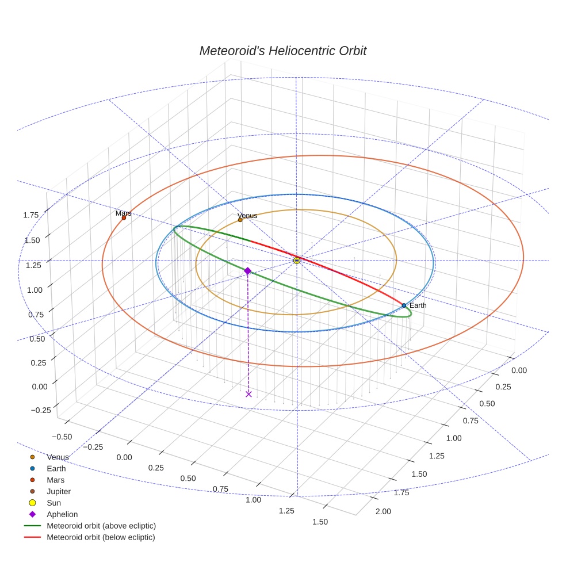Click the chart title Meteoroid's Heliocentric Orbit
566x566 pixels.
282,51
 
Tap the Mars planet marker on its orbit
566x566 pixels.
124,217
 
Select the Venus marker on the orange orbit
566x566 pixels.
240,220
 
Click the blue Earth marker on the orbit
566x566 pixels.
404,305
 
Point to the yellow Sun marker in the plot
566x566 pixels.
296,261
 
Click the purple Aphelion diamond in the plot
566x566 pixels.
247,270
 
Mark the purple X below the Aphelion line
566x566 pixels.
248,394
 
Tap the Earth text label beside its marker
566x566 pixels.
418,305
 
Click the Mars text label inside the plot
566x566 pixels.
123,213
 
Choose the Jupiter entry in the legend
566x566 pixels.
59,492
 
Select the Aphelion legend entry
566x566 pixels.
62,515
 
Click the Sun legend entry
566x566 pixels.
53,503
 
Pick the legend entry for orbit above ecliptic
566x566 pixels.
101,526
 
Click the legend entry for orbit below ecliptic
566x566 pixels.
101,538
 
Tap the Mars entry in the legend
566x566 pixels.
55,480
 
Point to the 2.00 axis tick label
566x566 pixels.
382,511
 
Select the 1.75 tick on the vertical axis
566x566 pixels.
31,215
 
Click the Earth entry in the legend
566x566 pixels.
56,469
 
